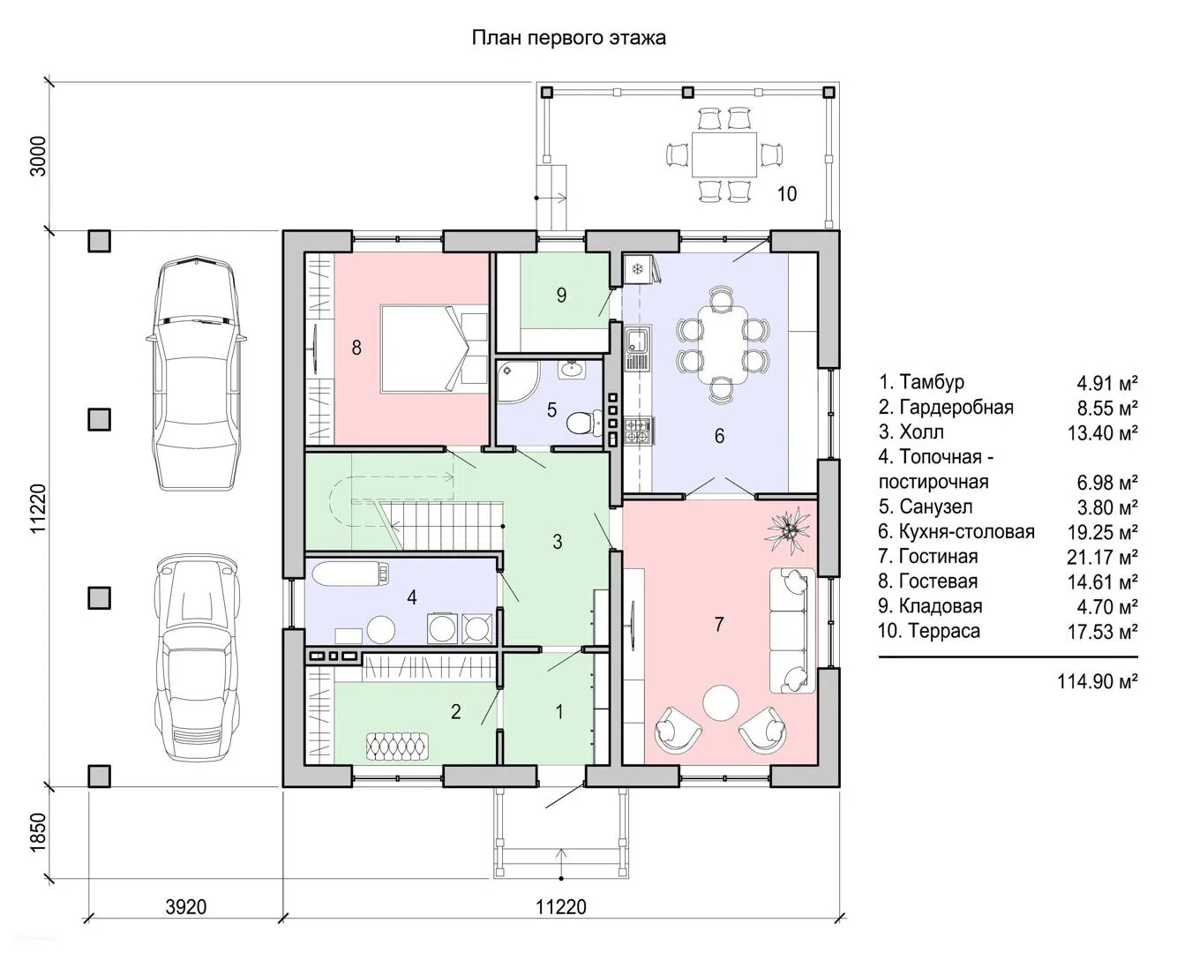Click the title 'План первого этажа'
(x=568, y=38)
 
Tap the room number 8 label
(x=356, y=348)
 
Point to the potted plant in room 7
(x=789, y=530)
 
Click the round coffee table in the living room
(x=721, y=702)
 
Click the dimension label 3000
(x=39, y=156)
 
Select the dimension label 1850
(x=39, y=833)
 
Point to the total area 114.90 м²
(x=1098, y=681)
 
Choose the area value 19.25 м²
(x=1102, y=531)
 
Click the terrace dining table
(x=724, y=154)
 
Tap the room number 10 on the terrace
(x=787, y=194)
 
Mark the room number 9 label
(x=561, y=295)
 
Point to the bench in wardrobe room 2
(x=397, y=747)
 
